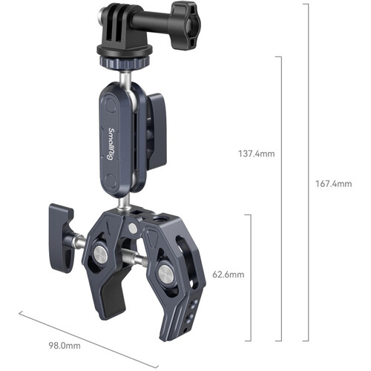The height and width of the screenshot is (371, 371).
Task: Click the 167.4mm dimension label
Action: [x=332, y=184]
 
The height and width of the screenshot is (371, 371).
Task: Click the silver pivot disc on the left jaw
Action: [x=99, y=255]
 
